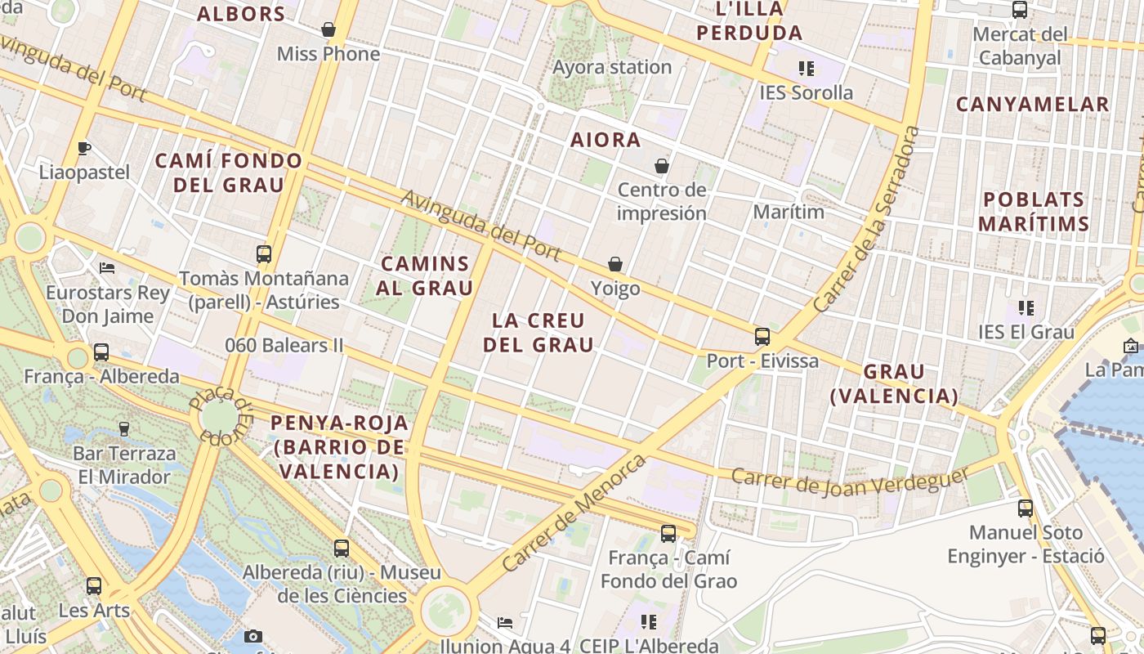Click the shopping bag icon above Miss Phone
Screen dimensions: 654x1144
(x=328, y=30)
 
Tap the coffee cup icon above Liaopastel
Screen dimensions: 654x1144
(x=83, y=148)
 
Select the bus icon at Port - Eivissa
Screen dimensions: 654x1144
(x=762, y=336)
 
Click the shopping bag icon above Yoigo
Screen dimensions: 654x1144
(x=615, y=264)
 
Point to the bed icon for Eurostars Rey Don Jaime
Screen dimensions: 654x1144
(x=107, y=267)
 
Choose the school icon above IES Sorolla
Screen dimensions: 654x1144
(x=807, y=69)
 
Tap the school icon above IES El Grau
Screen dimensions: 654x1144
(x=1026, y=308)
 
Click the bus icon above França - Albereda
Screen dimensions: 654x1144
(x=101, y=352)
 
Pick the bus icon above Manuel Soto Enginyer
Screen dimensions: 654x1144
(x=1026, y=508)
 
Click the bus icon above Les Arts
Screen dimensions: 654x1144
(x=94, y=585)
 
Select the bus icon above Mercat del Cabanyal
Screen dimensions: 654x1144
(x=1020, y=10)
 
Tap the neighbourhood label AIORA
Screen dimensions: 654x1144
(x=606, y=140)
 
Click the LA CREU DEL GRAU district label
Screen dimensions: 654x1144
(x=538, y=332)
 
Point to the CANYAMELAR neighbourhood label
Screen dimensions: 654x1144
(x=1033, y=105)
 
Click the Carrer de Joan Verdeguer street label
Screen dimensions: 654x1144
(x=849, y=481)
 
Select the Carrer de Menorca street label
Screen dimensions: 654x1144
(x=574, y=513)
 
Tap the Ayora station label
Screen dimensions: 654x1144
(x=612, y=67)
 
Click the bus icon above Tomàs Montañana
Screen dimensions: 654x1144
(x=264, y=253)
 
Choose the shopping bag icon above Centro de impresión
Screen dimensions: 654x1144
(x=662, y=167)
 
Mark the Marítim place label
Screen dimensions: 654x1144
(x=789, y=212)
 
